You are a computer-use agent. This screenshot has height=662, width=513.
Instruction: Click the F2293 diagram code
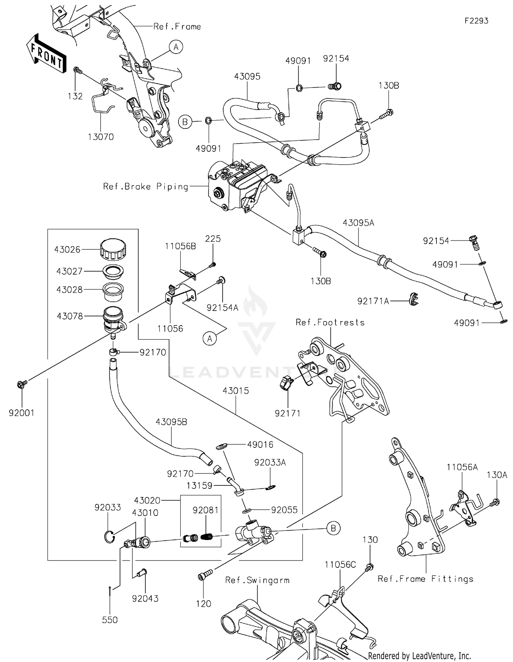476,21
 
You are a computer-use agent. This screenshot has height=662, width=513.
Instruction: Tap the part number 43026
67,250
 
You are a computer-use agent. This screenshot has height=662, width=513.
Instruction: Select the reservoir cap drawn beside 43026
113,249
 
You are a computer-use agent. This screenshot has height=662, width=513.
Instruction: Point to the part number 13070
101,137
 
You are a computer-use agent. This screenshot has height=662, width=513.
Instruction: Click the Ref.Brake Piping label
146,187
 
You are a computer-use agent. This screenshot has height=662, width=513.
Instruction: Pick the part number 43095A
358,223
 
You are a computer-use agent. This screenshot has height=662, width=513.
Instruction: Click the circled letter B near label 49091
185,122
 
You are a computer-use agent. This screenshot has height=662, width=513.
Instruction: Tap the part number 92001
22,413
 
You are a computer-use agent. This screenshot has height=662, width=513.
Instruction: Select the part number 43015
236,391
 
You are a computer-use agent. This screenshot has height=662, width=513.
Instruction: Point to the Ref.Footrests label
330,322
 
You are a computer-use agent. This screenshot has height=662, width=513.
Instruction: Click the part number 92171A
373,301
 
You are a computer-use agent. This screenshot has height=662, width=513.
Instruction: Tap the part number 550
110,620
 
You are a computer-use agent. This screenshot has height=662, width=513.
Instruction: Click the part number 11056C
340,565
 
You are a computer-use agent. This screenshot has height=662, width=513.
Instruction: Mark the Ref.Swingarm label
257,580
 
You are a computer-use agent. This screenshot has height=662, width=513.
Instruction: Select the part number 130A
497,475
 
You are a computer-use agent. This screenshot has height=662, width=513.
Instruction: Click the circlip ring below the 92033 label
108,536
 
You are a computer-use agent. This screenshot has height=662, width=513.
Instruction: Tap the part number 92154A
222,308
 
